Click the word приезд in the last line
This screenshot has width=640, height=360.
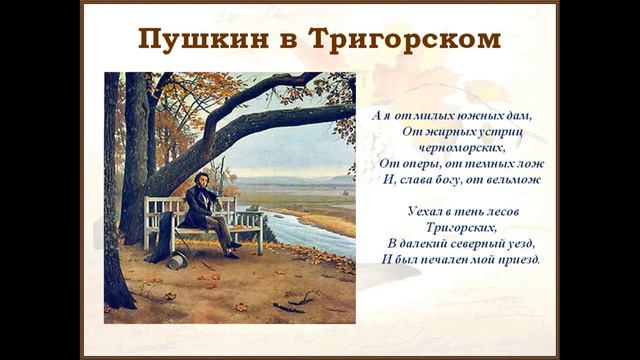coord(519,259)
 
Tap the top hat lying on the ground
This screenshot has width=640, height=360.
coord(176,260)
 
